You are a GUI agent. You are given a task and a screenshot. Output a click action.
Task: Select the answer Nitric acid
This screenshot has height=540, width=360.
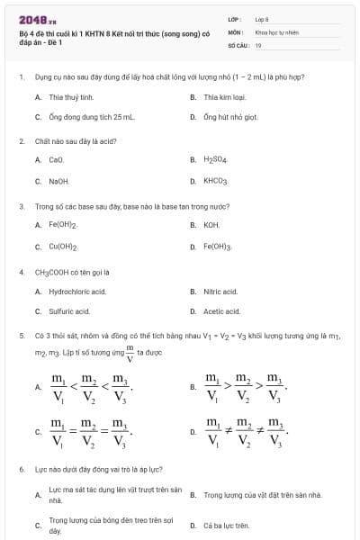click(220, 291)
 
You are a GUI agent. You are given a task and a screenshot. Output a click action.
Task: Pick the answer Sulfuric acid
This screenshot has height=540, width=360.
click(69, 311)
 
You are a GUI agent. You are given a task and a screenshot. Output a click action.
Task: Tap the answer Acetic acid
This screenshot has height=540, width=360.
click(221, 311)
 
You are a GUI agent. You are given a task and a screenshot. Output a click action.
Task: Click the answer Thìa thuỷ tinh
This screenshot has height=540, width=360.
click(71, 96)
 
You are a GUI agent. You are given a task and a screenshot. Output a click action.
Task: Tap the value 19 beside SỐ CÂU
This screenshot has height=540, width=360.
click(258, 44)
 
